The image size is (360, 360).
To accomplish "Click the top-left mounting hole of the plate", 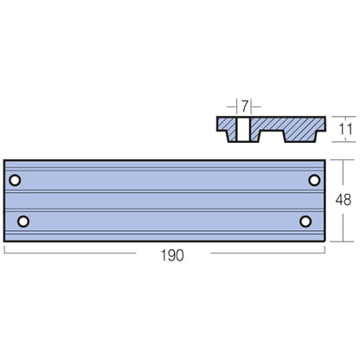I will pyautogui.click(x=16, y=180).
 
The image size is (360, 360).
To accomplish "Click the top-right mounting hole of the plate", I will pyautogui.click(x=315, y=180).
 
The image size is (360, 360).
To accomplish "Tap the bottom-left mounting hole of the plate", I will pyautogui.click(x=23, y=221).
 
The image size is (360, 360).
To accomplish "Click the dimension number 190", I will pyautogui.click(x=173, y=255).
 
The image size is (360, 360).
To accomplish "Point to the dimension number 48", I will pyautogui.click(x=343, y=199).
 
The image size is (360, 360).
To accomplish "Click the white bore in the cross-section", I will pyautogui.click(x=246, y=130).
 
